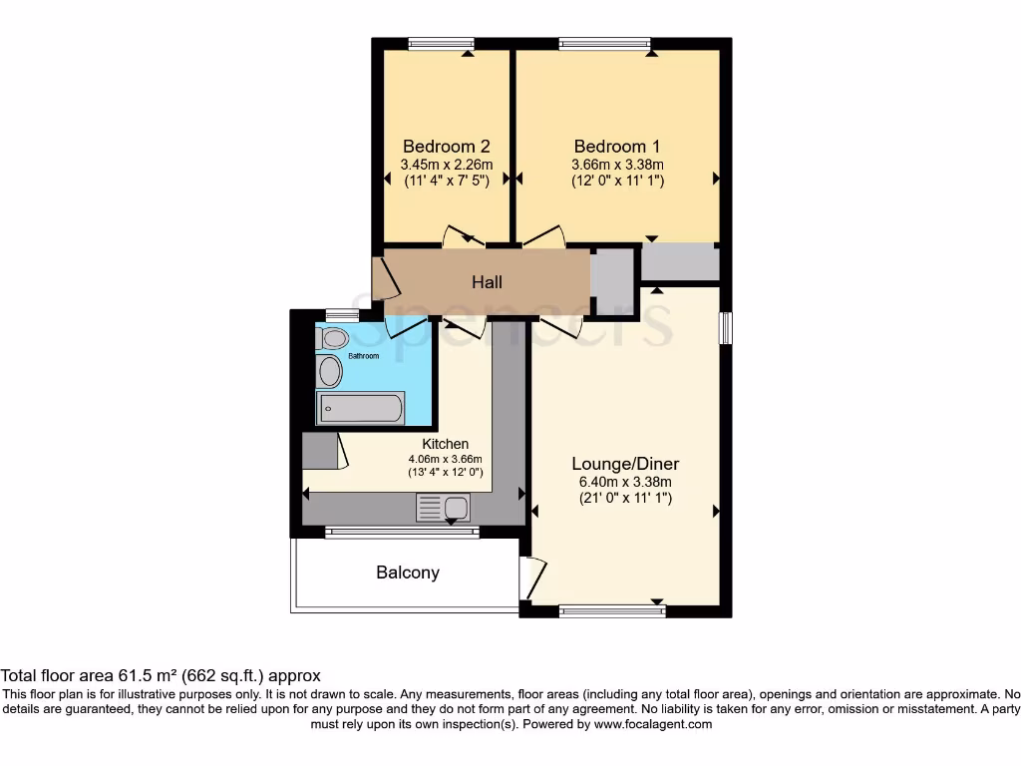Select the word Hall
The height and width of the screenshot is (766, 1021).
pos(487,282)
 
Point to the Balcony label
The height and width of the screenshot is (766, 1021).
pos(408,573)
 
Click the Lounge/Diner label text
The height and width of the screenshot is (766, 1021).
pos(625,464)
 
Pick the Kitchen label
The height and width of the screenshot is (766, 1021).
pos(445,444)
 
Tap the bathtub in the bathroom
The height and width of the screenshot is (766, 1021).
pos(360,408)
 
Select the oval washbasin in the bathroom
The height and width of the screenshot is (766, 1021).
pos(329,372)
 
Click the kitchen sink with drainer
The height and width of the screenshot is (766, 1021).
pos(444,508)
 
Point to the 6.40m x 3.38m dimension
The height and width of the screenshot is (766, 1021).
pos(625,482)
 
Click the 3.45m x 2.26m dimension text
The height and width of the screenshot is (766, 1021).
pos(447,164)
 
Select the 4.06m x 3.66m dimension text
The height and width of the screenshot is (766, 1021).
pos(445,459)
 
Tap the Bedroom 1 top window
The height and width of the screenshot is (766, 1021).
pos(604,43)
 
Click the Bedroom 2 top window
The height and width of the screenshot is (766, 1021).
pos(442,43)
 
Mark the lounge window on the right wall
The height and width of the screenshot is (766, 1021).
pos(726,328)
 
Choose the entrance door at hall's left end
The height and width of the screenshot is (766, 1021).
pos(384,279)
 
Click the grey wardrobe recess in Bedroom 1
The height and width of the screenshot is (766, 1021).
pos(680,263)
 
